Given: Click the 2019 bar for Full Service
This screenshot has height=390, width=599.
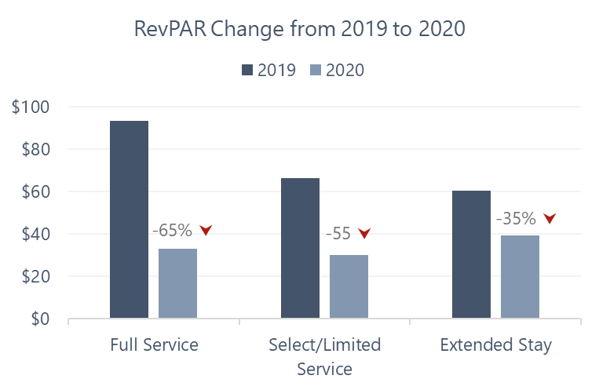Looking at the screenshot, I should (129, 220).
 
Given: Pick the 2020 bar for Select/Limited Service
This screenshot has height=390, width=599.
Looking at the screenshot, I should (349, 287).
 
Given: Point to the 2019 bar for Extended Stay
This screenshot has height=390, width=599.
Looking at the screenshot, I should (471, 255).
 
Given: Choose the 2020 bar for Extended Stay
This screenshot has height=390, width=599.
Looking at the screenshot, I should (520, 277).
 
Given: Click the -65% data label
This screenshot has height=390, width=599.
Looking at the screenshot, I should (172, 230).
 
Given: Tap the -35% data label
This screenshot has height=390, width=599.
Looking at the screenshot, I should (516, 218).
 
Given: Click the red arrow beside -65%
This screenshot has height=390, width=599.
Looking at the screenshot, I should (206, 230).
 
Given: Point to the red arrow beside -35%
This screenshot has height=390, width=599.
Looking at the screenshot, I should (550, 218).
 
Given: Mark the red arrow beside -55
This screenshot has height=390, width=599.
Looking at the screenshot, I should (364, 233).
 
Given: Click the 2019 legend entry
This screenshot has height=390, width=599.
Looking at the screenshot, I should (268, 70).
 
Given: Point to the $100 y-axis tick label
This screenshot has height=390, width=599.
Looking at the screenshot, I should (30, 107).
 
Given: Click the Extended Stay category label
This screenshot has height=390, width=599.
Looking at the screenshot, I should (495, 345).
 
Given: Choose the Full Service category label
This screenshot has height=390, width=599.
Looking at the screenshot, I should (154, 345).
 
